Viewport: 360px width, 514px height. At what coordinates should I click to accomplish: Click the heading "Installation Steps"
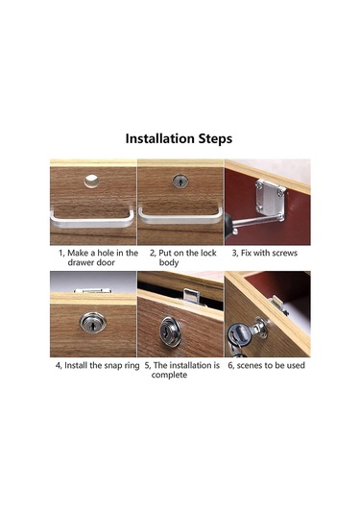click(179, 138)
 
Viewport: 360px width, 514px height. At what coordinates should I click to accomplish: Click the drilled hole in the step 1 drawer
click(91, 181)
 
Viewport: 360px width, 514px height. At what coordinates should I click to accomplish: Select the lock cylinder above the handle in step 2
click(180, 182)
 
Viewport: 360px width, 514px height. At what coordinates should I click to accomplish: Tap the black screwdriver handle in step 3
click(229, 225)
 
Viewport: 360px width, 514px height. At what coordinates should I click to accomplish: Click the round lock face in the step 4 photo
click(93, 322)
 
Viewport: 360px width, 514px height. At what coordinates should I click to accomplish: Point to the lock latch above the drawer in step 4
click(93, 291)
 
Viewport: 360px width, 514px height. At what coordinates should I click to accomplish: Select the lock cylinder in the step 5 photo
click(170, 331)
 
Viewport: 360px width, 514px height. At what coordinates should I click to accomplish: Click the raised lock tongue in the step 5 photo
click(191, 297)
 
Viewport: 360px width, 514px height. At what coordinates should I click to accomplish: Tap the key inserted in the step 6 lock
click(237, 337)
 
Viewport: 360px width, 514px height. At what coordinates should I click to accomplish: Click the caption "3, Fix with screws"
click(265, 253)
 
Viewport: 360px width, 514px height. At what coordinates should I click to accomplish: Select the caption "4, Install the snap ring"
click(97, 365)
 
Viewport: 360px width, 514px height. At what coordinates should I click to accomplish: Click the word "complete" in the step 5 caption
click(169, 375)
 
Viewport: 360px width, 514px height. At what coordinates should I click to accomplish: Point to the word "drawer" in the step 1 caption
click(81, 262)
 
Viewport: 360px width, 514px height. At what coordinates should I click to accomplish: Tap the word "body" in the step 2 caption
click(169, 263)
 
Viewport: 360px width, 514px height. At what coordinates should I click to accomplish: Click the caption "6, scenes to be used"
click(266, 365)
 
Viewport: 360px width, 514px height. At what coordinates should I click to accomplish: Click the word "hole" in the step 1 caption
click(107, 253)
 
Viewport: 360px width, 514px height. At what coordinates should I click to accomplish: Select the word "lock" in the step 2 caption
click(207, 253)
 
